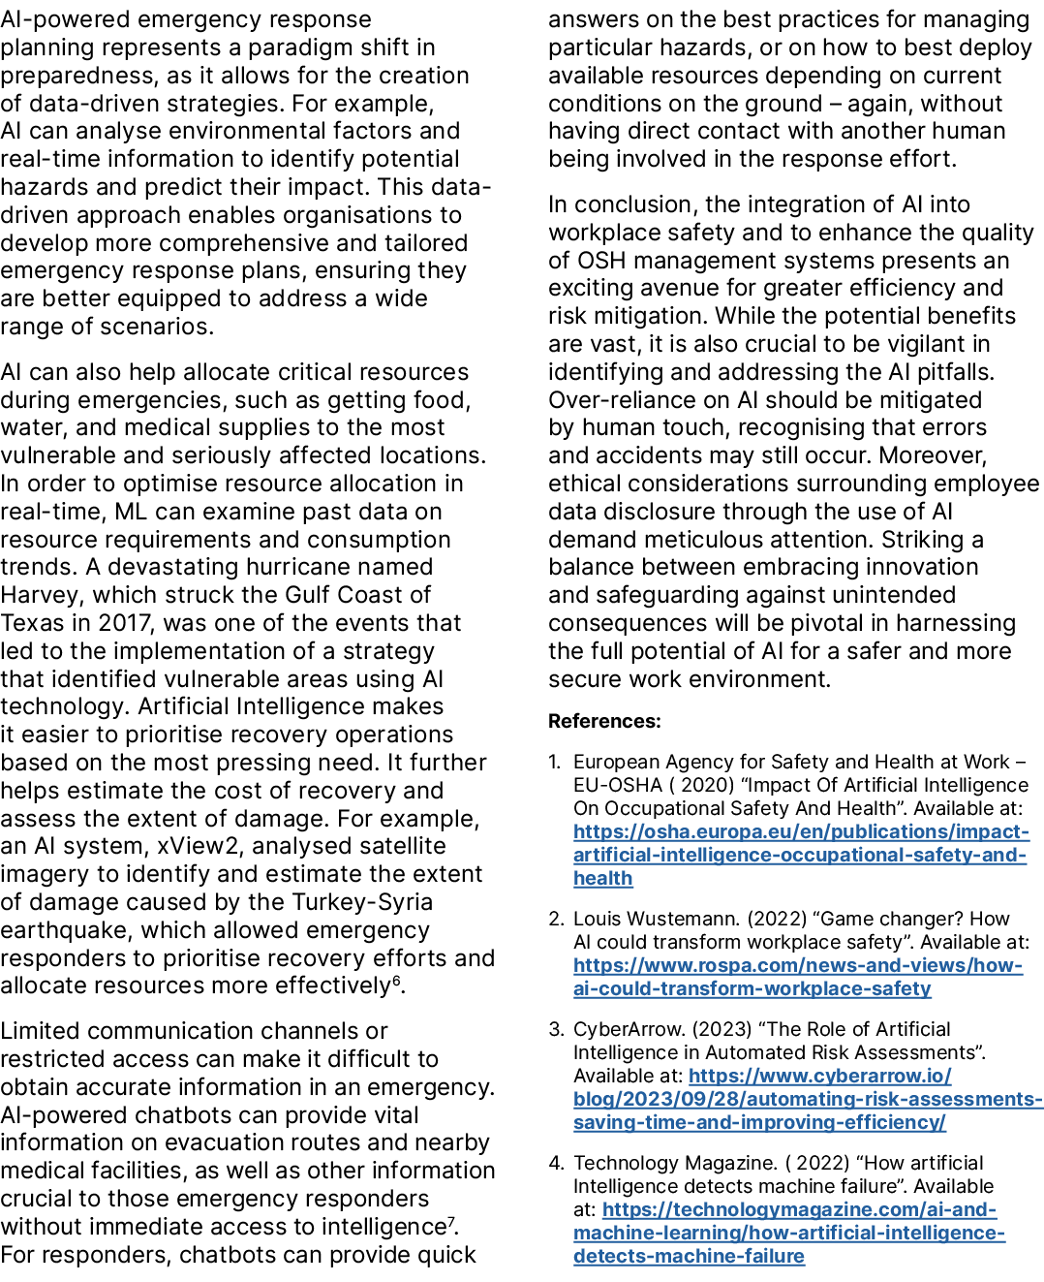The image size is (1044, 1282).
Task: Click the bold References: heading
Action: pos(604,721)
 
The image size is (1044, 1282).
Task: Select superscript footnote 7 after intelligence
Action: pos(451,1222)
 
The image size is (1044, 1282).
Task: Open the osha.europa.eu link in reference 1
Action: pos(800,855)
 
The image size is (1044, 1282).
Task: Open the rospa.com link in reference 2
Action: pos(797,977)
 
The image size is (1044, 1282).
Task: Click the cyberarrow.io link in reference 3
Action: pos(808,1099)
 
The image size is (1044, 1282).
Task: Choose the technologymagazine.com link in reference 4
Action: pos(788,1233)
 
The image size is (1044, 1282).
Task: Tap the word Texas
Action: pos(33,623)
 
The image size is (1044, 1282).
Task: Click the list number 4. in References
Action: pos(556,1163)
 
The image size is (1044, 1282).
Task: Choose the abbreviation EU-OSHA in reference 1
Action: pos(617,785)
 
